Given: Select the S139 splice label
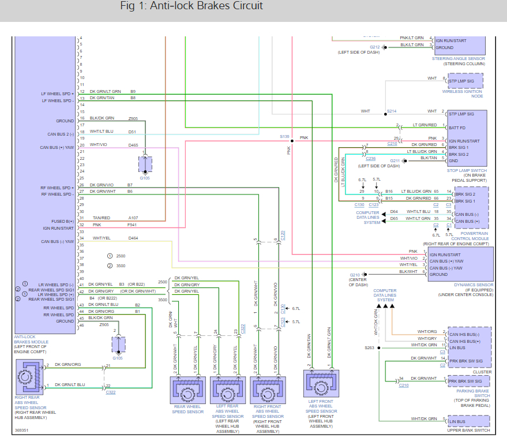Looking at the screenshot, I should tap(284, 137).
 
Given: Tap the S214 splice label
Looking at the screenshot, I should tap(392, 111).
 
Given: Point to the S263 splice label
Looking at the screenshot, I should tap(369, 348).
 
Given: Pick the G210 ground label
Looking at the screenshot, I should tap(355, 275).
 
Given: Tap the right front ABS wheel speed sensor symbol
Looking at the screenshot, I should tap(267, 390).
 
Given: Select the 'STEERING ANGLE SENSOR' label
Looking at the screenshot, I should tap(459, 58).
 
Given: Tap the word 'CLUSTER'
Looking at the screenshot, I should tap(482, 372).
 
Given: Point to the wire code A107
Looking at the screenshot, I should tap(134, 218).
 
